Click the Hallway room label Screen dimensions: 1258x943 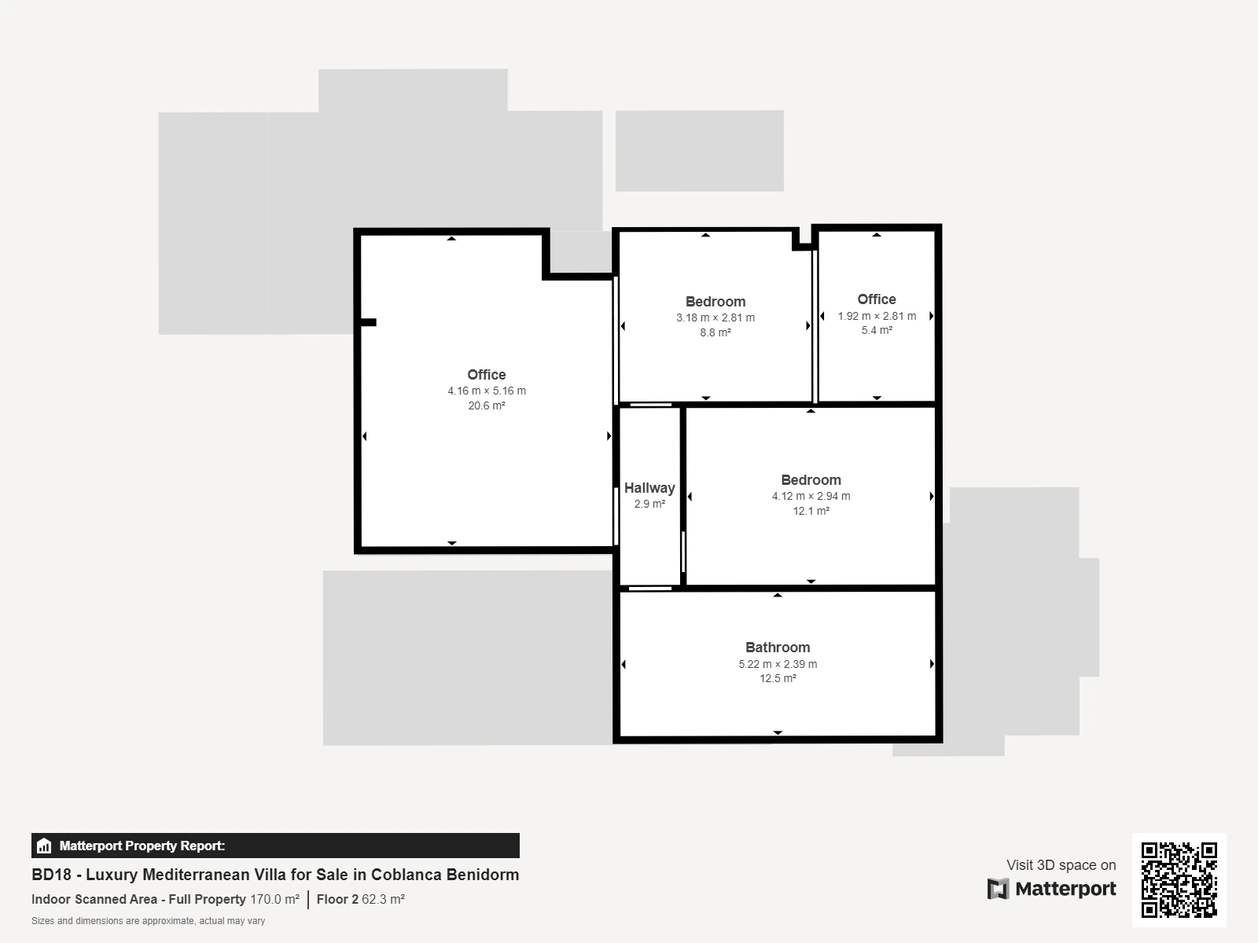(649, 488)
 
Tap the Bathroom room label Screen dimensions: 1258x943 (778, 648)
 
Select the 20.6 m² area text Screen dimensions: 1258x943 (487, 405)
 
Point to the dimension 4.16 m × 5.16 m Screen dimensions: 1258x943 (487, 391)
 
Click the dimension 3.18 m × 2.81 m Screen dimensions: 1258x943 (715, 317)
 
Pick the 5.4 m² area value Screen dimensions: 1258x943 (877, 330)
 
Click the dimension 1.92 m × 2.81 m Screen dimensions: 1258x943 (877, 316)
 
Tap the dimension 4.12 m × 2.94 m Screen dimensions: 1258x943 (811, 496)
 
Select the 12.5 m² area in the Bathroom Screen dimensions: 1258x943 (778, 678)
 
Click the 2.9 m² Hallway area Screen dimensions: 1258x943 (649, 504)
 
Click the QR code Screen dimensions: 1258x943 (1179, 879)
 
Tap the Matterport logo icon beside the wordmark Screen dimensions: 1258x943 (998, 889)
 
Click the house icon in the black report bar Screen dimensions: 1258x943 (44, 846)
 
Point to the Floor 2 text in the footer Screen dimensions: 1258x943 (337, 900)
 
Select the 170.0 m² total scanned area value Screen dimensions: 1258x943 (274, 900)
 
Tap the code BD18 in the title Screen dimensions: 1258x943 (52, 875)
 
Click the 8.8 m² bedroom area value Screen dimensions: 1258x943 (715, 332)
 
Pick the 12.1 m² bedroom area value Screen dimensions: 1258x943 (811, 511)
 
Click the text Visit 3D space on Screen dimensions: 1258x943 (1061, 865)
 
